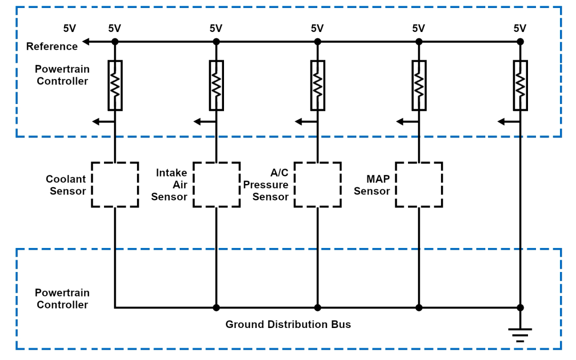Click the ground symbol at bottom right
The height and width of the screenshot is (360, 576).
520,334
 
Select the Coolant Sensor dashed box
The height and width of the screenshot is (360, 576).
115,185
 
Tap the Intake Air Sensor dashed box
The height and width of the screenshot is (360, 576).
216,185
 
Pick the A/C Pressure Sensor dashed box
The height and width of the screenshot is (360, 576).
317,185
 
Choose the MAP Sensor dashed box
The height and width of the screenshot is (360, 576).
419,185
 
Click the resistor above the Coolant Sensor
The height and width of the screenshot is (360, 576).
115,85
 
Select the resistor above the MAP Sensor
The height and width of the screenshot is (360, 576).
419,85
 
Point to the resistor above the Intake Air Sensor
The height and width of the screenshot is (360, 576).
216,85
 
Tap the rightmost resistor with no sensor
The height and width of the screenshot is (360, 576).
520,85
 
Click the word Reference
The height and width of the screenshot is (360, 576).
52,46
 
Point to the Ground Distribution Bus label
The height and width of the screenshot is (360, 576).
288,324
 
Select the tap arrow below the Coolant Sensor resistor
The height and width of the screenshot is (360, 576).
96,122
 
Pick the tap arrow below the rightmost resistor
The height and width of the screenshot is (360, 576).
501,122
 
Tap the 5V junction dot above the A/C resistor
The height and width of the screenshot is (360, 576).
317,42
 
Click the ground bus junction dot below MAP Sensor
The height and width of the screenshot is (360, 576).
419,308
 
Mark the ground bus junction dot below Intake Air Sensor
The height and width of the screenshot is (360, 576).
216,308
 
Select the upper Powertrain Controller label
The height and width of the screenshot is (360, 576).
62,75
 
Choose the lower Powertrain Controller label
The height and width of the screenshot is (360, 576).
62,299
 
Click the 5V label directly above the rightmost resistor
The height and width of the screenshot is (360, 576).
520,29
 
